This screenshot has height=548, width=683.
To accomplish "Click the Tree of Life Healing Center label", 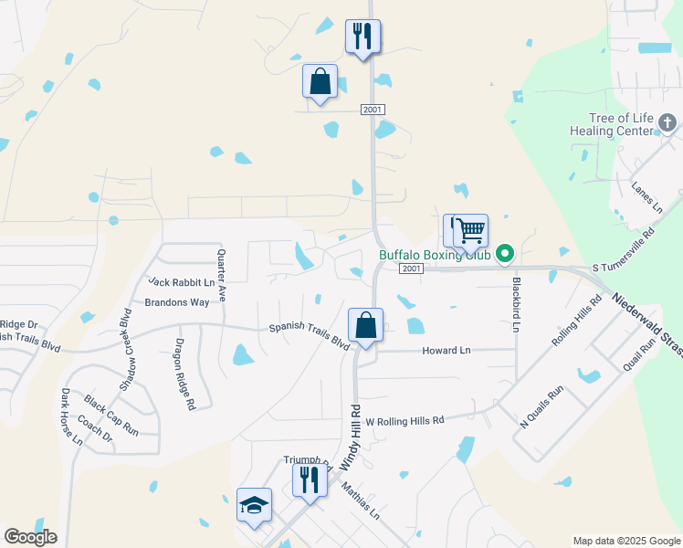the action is click(623, 124).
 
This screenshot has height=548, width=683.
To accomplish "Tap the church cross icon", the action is click(667, 121).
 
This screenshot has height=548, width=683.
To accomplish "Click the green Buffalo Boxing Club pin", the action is click(503, 255).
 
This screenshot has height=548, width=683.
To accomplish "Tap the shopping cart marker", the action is click(470, 231).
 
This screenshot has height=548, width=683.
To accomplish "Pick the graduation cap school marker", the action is click(255, 505).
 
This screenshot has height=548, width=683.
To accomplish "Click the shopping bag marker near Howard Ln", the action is click(365, 325).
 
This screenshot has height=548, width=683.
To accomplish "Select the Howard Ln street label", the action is click(446, 350).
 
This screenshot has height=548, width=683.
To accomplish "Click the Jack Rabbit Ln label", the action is click(181, 282).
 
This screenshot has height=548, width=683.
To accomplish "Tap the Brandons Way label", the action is click(176, 302).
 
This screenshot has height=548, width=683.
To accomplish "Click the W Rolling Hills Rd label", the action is click(405, 420).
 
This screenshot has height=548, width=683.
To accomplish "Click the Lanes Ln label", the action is click(646, 197).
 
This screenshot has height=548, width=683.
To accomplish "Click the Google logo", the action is click(30, 537).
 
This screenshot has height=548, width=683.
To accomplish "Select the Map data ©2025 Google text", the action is click(625, 541).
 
